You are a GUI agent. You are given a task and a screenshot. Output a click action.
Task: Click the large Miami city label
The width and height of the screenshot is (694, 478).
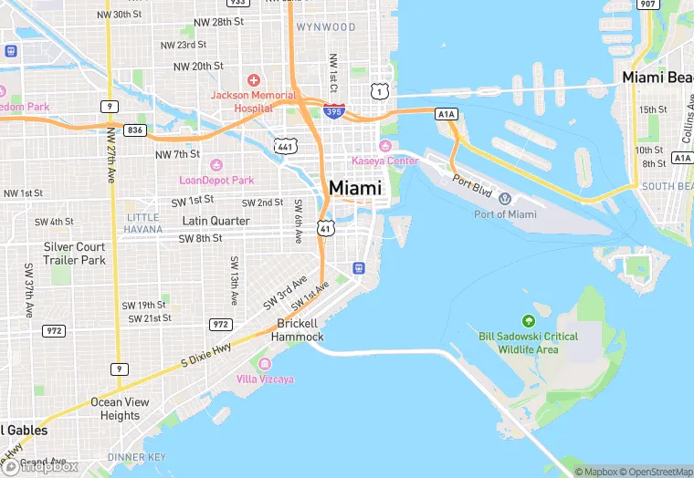[355, 187]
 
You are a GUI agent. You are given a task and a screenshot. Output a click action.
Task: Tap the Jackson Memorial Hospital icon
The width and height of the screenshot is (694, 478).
[253, 81]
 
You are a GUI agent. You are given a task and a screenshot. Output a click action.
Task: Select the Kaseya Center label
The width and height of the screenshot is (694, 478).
[384, 161]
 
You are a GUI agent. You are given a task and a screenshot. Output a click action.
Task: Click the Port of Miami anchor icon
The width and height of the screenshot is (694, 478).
[505, 199]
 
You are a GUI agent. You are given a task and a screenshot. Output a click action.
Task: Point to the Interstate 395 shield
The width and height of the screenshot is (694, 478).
[333, 110]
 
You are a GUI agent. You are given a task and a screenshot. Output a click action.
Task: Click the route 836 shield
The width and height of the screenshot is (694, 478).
[135, 130]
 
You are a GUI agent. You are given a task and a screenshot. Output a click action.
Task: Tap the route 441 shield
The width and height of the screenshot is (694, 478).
[286, 146]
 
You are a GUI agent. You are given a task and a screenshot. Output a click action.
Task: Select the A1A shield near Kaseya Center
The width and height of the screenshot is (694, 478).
[446, 114]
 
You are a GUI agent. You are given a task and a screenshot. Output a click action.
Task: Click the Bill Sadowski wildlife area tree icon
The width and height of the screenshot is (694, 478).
[528, 321]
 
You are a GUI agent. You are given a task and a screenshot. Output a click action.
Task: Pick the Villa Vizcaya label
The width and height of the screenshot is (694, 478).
[265, 379]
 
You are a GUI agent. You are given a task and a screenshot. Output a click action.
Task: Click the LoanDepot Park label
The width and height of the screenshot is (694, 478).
[216, 180]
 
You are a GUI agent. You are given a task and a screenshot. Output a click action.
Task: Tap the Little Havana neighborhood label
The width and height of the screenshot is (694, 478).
[143, 223]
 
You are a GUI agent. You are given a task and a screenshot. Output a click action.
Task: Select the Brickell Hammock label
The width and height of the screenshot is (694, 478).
[298, 330]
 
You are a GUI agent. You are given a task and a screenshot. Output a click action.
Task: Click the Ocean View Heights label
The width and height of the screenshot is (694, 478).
[120, 409]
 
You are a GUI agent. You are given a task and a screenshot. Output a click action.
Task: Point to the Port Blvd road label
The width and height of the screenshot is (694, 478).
[473, 182]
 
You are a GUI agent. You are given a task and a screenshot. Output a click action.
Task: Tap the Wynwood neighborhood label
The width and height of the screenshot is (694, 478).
[326, 27]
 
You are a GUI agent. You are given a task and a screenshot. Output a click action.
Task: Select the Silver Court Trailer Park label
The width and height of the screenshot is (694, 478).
[75, 254]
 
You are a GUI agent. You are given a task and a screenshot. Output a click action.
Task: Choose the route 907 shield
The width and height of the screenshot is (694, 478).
[647, 5]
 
